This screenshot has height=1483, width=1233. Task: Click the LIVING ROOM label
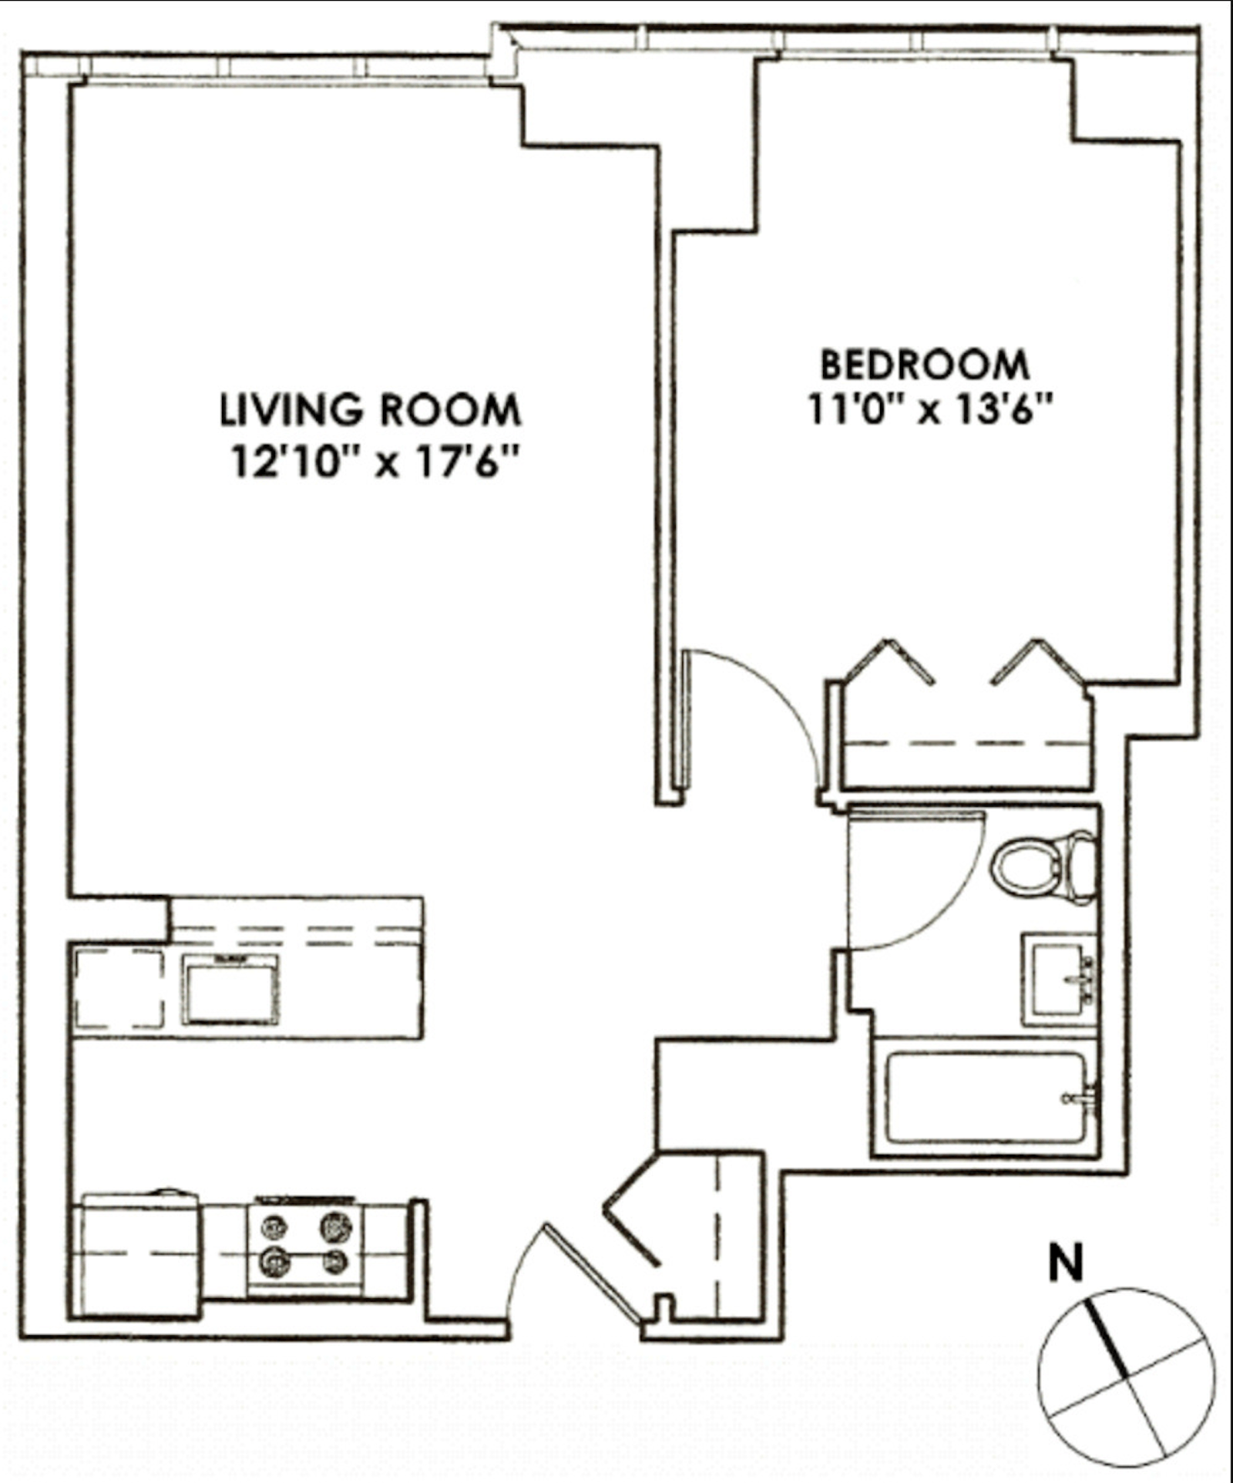coord(371,409)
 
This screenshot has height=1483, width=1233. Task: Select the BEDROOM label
coord(924,365)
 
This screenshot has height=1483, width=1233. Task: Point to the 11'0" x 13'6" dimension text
coord(929,409)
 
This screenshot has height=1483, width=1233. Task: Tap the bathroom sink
coord(1059,979)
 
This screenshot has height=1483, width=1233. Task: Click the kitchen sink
coord(230,990)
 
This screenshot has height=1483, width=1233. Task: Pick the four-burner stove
coord(305,1245)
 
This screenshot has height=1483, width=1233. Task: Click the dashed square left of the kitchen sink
coord(119,988)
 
